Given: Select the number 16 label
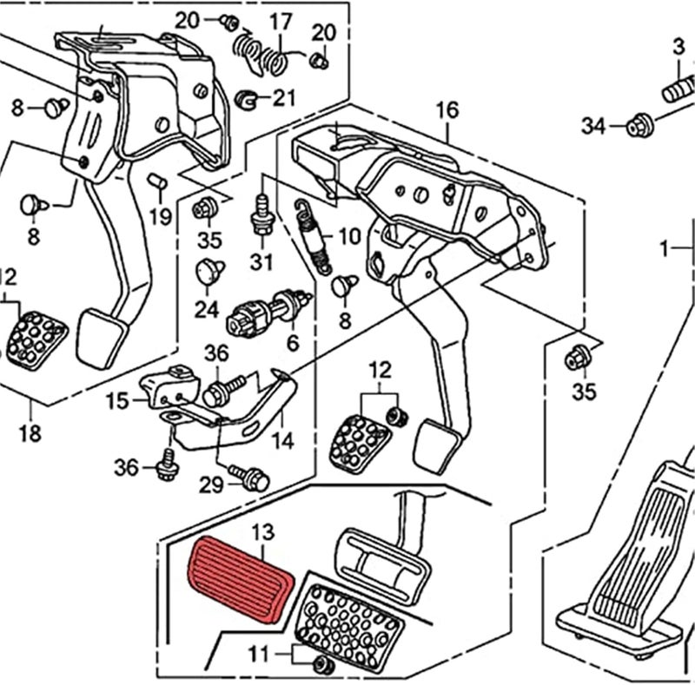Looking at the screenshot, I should (x=447, y=110).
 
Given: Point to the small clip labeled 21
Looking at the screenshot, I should (x=247, y=99).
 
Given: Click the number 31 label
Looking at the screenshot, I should (x=261, y=260).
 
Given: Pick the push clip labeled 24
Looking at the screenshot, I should (x=209, y=271).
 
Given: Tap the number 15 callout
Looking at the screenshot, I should (x=116, y=401).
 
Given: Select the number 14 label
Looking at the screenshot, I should (x=281, y=440).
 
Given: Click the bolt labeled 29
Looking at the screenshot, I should (x=255, y=477).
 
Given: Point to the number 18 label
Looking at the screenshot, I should (x=30, y=433).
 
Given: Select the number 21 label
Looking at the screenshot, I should (x=283, y=99).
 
